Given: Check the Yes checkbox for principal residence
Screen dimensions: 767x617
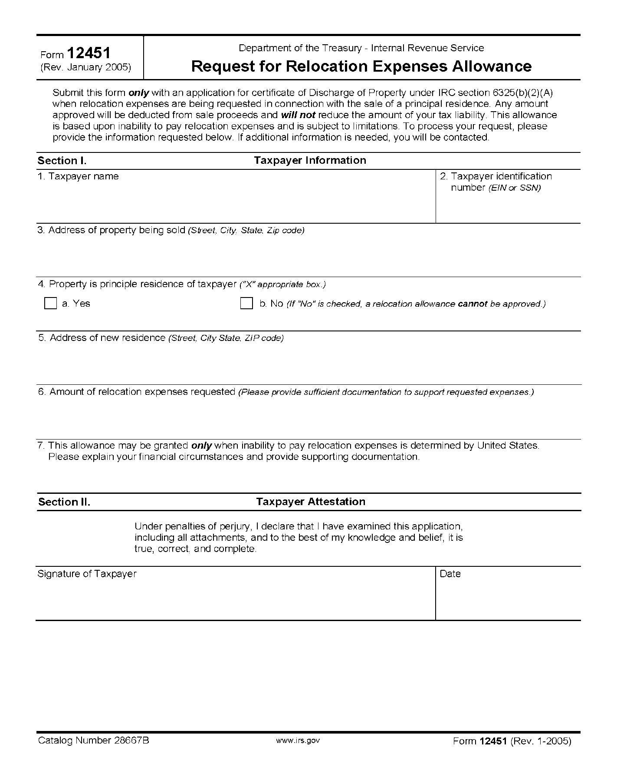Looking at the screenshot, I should pyautogui.click(x=51, y=303).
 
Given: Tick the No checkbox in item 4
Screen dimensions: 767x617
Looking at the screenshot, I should pyautogui.click(x=246, y=303).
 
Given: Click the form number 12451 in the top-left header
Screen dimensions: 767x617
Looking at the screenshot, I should pyautogui.click(x=89, y=53).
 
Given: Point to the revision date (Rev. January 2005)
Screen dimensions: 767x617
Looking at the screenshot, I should pyautogui.click(x=85, y=68).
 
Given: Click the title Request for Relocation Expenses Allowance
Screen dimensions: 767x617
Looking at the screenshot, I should pyautogui.click(x=361, y=66).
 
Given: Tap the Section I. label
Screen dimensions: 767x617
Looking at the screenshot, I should pyautogui.click(x=62, y=161).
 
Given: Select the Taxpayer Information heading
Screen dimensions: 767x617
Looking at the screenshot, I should pyautogui.click(x=310, y=161).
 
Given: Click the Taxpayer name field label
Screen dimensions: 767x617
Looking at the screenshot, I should pyautogui.click(x=78, y=176).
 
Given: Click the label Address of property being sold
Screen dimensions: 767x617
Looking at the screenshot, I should pyautogui.click(x=117, y=230).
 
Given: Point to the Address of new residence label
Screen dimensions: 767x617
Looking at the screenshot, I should pyautogui.click(x=108, y=338).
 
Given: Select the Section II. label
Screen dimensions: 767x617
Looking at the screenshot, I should pyautogui.click(x=64, y=502).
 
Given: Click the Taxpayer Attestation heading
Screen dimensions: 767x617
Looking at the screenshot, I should pyautogui.click(x=311, y=502).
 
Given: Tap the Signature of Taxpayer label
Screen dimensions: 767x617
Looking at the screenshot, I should pyautogui.click(x=87, y=574).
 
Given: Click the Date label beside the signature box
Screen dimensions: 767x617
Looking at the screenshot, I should pyautogui.click(x=450, y=574).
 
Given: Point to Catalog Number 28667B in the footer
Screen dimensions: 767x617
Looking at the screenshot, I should pyautogui.click(x=94, y=741).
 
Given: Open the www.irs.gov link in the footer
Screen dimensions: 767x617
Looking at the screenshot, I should pyautogui.click(x=298, y=741).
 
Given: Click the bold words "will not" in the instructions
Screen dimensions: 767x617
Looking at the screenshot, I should pyautogui.click(x=298, y=115).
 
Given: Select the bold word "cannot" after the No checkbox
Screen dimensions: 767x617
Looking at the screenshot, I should pyautogui.click(x=473, y=304).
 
